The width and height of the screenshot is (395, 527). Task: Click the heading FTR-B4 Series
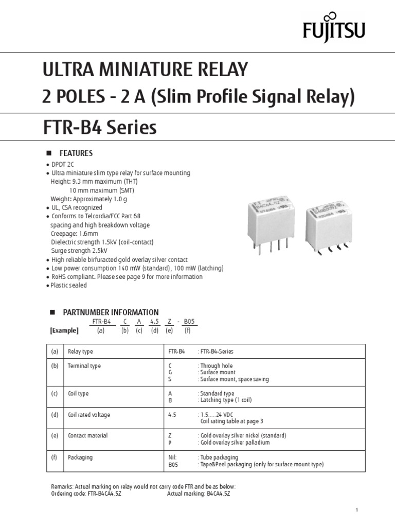click(x=100, y=127)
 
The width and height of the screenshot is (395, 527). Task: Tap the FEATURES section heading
click(x=76, y=153)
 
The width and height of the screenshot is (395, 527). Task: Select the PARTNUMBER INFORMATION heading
click(x=111, y=312)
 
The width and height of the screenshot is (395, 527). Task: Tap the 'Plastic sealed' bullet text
click(x=68, y=285)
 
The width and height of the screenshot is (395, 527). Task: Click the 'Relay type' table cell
click(x=80, y=352)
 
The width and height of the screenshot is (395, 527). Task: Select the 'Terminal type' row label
click(x=84, y=366)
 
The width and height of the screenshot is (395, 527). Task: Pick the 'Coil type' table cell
click(x=78, y=394)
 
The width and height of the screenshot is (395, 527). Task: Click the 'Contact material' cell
click(x=87, y=435)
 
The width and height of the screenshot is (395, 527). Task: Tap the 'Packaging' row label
click(x=80, y=457)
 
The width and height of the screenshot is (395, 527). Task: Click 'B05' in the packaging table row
click(x=173, y=464)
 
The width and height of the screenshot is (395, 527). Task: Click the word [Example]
click(x=64, y=330)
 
